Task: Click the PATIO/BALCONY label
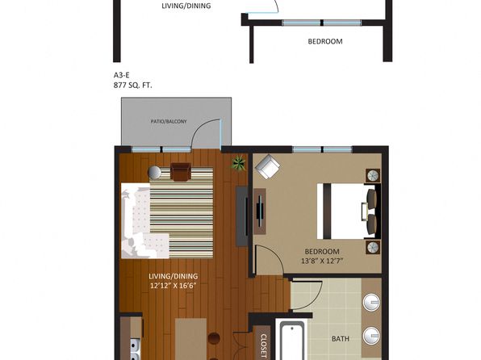click(169, 122)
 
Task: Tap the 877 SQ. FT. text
click(132, 86)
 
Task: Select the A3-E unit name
click(122, 75)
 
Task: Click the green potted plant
click(238, 163)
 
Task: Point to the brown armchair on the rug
click(181, 172)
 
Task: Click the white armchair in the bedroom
click(268, 166)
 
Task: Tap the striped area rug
click(182, 212)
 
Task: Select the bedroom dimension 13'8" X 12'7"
click(322, 262)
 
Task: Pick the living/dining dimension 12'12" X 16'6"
click(173, 286)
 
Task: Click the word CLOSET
click(263, 346)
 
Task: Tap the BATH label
click(341, 339)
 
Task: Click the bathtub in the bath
click(291, 341)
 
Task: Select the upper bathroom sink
click(371, 303)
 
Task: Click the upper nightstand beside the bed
click(373, 175)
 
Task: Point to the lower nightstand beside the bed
click(373, 247)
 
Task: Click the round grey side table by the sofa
click(154, 173)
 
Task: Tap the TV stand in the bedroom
click(260, 211)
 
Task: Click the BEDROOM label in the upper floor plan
click(325, 41)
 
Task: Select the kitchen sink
click(135, 350)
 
